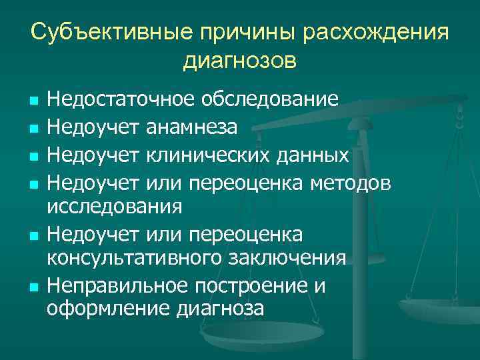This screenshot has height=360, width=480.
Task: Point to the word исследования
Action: tap(115, 207)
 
